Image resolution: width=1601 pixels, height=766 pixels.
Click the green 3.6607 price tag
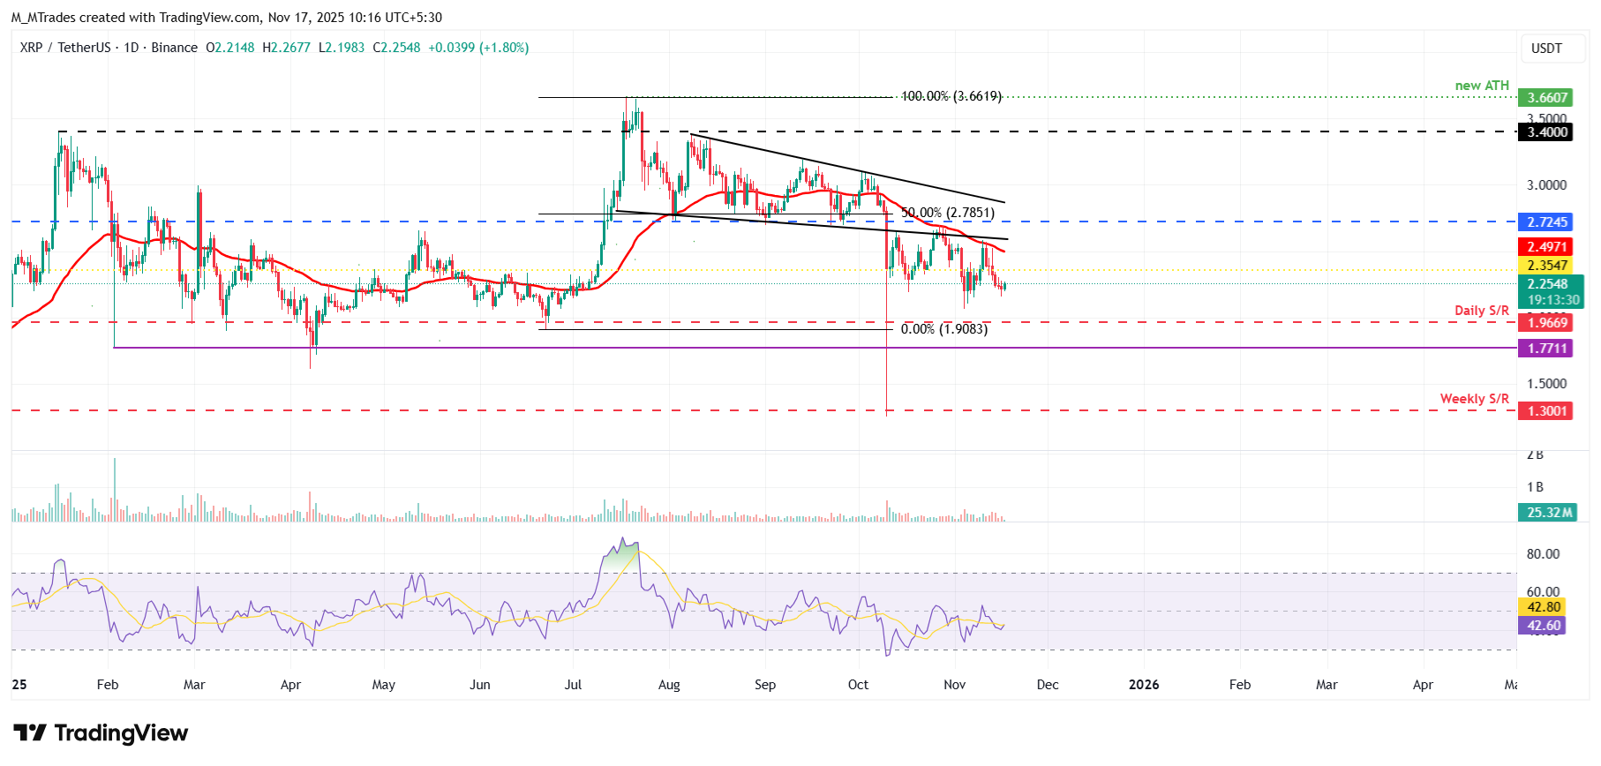(1546, 98)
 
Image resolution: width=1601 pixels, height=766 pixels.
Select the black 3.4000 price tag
(1546, 132)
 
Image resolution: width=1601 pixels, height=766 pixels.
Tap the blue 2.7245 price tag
(1546, 222)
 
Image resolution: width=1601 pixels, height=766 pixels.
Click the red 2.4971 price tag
(1546, 247)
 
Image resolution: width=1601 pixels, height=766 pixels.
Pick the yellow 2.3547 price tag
(1546, 266)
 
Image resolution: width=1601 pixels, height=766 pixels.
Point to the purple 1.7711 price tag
(1546, 349)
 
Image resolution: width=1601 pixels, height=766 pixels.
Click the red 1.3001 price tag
(1546, 411)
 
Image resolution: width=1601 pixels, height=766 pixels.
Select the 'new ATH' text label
(1482, 86)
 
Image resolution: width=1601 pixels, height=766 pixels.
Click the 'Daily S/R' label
(1481, 311)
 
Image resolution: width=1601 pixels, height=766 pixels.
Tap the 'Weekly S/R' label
(1474, 399)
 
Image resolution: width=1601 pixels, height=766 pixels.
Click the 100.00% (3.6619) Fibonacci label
(951, 96)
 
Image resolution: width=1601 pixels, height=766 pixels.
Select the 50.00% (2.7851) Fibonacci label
(947, 213)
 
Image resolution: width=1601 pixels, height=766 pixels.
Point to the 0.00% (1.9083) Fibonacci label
(943, 329)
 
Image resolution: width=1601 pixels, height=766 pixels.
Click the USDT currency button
(1545, 49)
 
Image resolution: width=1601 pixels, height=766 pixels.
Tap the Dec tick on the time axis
(1048, 685)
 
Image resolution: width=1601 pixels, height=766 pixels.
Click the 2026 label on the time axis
(1144, 685)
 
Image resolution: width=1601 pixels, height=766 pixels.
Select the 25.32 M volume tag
(1548, 513)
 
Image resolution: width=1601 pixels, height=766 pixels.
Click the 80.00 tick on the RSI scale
(1543, 554)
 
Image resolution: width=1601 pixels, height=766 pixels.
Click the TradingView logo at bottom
(101, 733)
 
